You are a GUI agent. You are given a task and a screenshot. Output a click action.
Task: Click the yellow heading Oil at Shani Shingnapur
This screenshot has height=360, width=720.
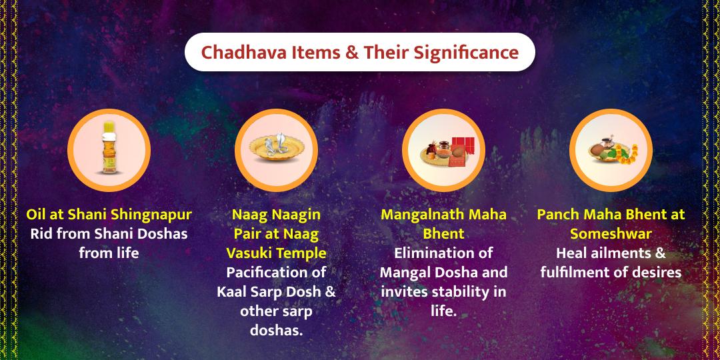click(109, 215)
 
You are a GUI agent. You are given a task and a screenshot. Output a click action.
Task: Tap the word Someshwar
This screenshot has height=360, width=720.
click(611, 234)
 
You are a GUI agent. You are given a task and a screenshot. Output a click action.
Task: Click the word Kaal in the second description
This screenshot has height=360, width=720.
click(232, 292)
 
